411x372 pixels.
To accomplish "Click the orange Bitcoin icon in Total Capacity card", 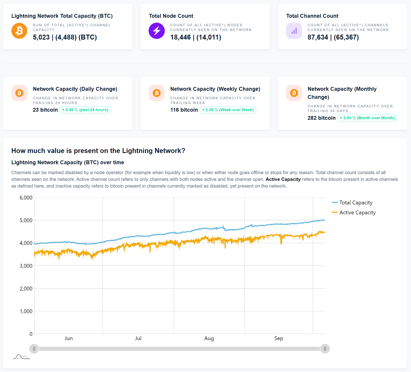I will [19, 31].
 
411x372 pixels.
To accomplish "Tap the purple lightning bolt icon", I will [157, 31].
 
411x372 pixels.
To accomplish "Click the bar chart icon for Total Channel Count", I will [294, 31].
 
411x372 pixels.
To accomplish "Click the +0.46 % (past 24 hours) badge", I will [85, 110].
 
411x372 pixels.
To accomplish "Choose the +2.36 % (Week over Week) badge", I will [228, 110].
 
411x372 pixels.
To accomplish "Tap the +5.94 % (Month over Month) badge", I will [367, 118].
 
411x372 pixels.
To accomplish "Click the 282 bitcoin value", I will [321, 118].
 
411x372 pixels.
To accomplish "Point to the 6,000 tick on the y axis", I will [26, 198].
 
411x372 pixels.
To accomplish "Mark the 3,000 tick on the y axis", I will [26, 266].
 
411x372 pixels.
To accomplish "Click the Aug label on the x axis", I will [209, 338].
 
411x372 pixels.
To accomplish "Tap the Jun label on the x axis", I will [68, 338].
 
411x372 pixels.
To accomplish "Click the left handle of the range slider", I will [34, 349].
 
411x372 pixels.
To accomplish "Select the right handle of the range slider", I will [325, 349].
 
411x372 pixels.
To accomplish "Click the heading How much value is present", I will [98, 151].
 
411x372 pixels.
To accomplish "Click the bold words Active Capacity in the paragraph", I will [283, 179].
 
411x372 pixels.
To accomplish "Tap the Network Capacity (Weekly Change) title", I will [215, 89].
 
